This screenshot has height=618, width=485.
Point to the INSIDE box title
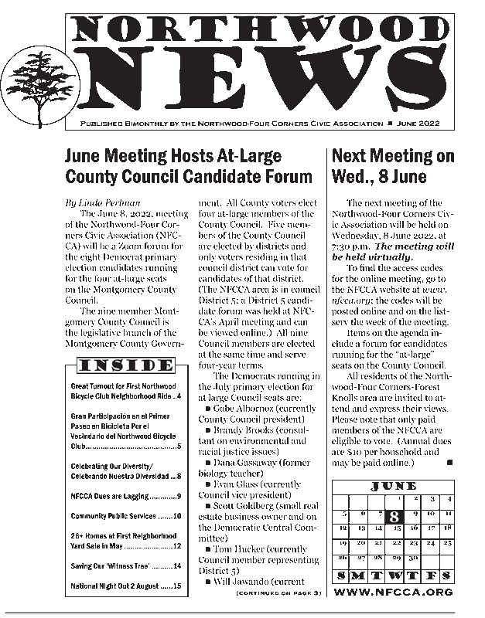coord(121,365)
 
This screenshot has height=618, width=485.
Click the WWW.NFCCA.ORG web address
coord(394,592)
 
